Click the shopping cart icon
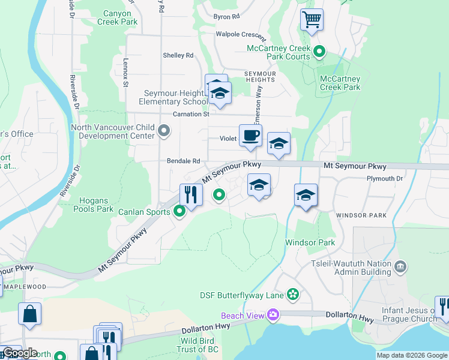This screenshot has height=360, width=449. click(312, 20)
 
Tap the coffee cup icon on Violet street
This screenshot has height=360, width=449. click(250, 135)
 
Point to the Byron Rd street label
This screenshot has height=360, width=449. click(226, 17)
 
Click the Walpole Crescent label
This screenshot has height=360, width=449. click(241, 34)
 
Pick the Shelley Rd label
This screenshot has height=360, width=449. click(178, 55)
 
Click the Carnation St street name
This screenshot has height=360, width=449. click(190, 114)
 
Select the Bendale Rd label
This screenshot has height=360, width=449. click(184, 161)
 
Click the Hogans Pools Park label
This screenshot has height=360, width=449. click(93, 205)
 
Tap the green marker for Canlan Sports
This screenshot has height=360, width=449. click(179, 211)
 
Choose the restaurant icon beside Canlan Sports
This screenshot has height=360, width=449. click(191, 194)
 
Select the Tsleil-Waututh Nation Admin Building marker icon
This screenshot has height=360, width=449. click(400, 265)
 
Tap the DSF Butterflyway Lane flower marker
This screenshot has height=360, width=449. click(292, 294)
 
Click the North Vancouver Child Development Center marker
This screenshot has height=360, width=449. click(163, 130)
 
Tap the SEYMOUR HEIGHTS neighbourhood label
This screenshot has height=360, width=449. click(260, 76)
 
